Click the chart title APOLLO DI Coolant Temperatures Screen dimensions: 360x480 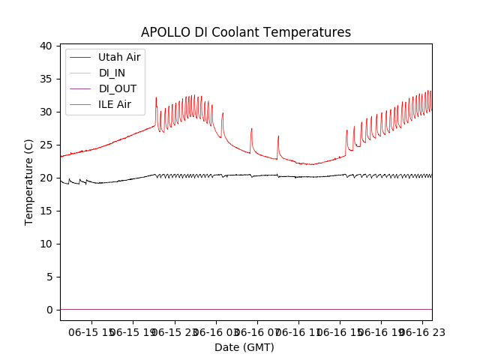click(x=246, y=32)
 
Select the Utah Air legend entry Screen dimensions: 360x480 click(x=119, y=57)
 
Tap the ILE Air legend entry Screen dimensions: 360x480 click(x=115, y=104)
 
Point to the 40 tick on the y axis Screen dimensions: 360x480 click(x=46, y=46)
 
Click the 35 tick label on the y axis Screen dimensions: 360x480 click(x=46, y=79)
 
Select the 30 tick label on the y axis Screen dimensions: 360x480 click(x=46, y=112)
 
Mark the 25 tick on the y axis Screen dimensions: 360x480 click(x=46, y=145)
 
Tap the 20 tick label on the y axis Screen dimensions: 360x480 click(x=46, y=178)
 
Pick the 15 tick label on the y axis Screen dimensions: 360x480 click(x=46, y=211)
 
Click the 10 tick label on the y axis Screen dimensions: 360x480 click(x=46, y=244)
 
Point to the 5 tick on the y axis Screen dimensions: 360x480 click(x=49, y=277)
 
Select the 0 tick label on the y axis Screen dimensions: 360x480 click(x=49, y=310)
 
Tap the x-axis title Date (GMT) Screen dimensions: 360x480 click(x=244, y=347)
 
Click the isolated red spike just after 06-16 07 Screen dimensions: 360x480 click(x=278, y=138)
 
